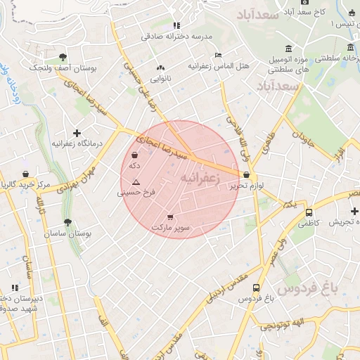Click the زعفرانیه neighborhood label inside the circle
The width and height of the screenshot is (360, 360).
(200, 179)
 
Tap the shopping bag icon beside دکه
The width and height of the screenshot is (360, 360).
(134, 155)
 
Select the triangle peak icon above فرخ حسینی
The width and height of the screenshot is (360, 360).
(136, 181)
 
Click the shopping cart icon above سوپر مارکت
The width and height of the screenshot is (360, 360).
(170, 217)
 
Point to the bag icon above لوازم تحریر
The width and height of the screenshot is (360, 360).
(246, 175)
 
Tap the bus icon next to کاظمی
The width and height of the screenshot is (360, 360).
(309, 212)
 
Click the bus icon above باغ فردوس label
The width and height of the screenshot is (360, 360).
(255, 288)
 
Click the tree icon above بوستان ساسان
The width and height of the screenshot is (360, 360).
(67, 222)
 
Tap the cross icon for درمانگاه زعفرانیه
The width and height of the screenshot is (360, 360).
(77, 133)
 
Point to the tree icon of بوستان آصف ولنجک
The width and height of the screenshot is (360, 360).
(63, 57)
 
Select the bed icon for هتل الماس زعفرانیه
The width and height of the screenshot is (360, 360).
(218, 55)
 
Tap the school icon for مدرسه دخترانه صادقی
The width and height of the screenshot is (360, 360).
(176, 26)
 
